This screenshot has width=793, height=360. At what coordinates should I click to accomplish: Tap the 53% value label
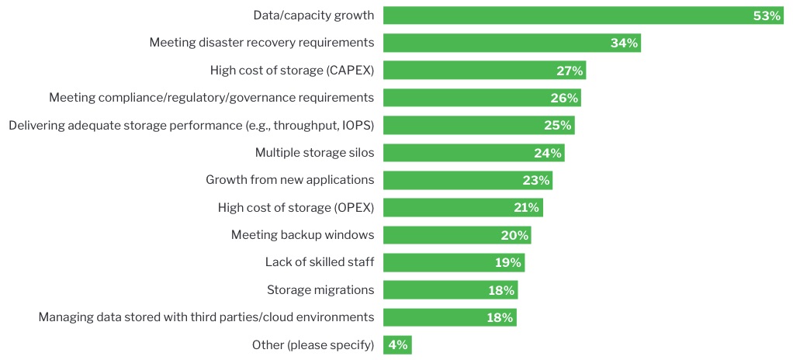(x=767, y=16)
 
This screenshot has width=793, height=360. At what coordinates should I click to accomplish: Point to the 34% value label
(x=624, y=43)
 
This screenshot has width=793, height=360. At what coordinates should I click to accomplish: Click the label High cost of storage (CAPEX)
(x=292, y=71)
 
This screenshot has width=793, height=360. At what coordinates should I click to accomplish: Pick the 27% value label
(x=570, y=71)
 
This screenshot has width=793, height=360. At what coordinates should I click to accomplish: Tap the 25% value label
(x=558, y=125)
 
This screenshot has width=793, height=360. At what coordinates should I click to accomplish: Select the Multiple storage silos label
(x=314, y=153)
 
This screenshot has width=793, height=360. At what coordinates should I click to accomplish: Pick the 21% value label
(x=526, y=207)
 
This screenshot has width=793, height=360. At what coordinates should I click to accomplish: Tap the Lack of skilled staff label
(x=320, y=262)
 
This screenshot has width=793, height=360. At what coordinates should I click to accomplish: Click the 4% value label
(x=397, y=344)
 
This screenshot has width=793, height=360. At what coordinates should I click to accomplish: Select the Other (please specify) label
(x=313, y=344)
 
